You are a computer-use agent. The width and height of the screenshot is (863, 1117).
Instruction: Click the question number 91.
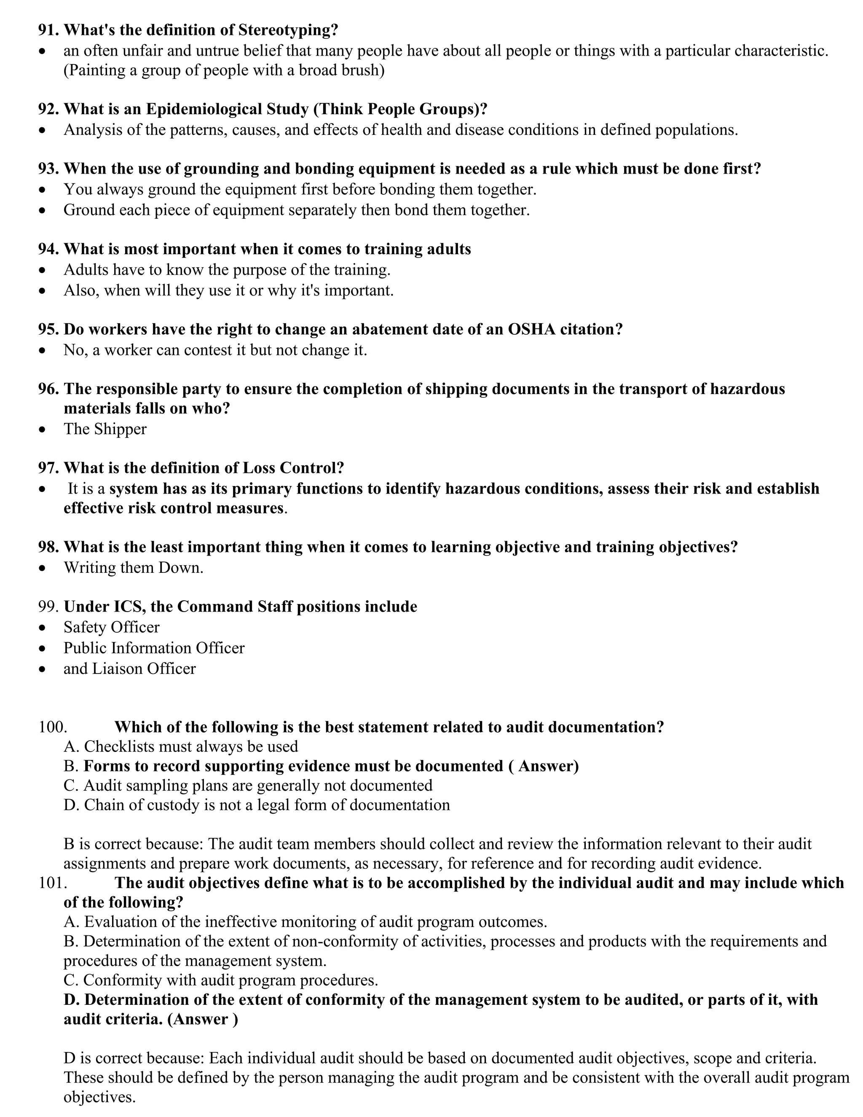[48, 30]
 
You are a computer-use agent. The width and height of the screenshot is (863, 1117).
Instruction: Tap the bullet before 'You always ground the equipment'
[43, 190]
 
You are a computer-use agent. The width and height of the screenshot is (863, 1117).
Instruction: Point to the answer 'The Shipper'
[105, 429]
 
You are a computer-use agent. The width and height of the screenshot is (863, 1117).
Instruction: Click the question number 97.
[48, 468]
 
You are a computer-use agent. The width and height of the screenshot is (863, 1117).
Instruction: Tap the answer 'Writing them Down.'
[134, 568]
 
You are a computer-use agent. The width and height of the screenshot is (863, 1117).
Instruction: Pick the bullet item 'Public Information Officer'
[154, 648]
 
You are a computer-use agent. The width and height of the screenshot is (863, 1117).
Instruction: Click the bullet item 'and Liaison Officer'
[129, 669]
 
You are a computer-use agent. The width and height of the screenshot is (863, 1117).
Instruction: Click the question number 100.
[53, 727]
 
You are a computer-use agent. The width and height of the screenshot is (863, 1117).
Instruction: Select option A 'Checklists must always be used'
[180, 747]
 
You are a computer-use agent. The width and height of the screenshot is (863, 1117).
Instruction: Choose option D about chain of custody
[257, 805]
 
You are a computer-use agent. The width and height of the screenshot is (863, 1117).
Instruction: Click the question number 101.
[53, 883]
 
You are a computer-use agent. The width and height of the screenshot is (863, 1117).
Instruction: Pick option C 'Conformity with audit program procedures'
[221, 980]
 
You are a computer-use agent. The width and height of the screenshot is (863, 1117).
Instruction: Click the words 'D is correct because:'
[134, 1058]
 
